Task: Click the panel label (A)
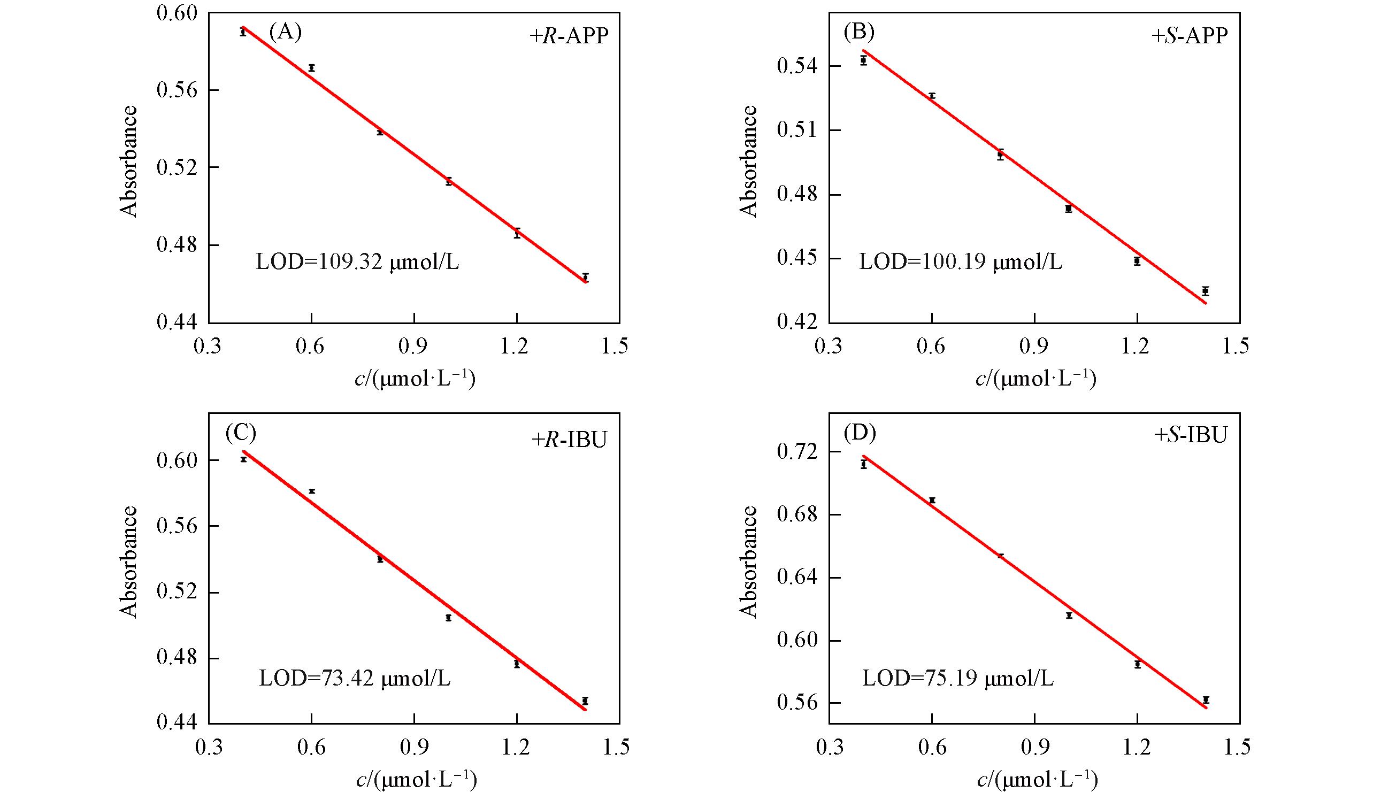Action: coord(285,33)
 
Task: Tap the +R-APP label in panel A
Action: coord(568,36)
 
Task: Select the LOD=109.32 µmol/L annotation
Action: coord(357,263)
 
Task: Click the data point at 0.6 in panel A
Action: coord(312,68)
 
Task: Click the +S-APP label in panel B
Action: coord(1189,36)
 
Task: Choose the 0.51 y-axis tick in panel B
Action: coord(797,130)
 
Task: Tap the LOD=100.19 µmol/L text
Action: coord(961,263)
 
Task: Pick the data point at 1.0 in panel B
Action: coord(1069,209)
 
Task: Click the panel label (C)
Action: coord(240,433)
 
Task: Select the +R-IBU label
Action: coord(569,439)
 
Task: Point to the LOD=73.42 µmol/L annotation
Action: coord(355,679)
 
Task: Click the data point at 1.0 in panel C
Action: coord(448,618)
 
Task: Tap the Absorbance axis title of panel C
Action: coord(129,561)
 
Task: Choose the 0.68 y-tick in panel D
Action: coord(797,514)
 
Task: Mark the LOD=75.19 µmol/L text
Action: coord(958,679)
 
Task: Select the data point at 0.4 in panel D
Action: coord(864,465)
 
